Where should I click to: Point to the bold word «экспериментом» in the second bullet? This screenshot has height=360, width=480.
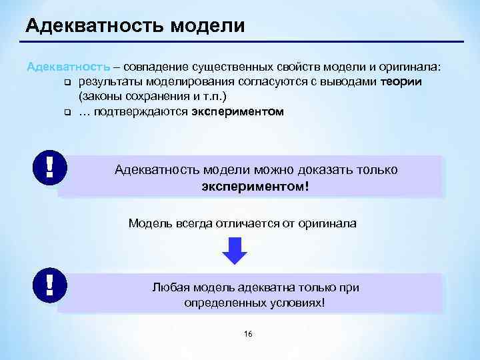(237, 112)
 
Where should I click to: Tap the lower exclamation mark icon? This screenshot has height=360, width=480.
(49, 283)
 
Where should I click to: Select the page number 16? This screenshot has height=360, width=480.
(248, 333)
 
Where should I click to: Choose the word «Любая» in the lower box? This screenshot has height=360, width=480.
(169, 287)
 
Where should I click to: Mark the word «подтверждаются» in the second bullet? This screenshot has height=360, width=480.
(140, 112)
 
